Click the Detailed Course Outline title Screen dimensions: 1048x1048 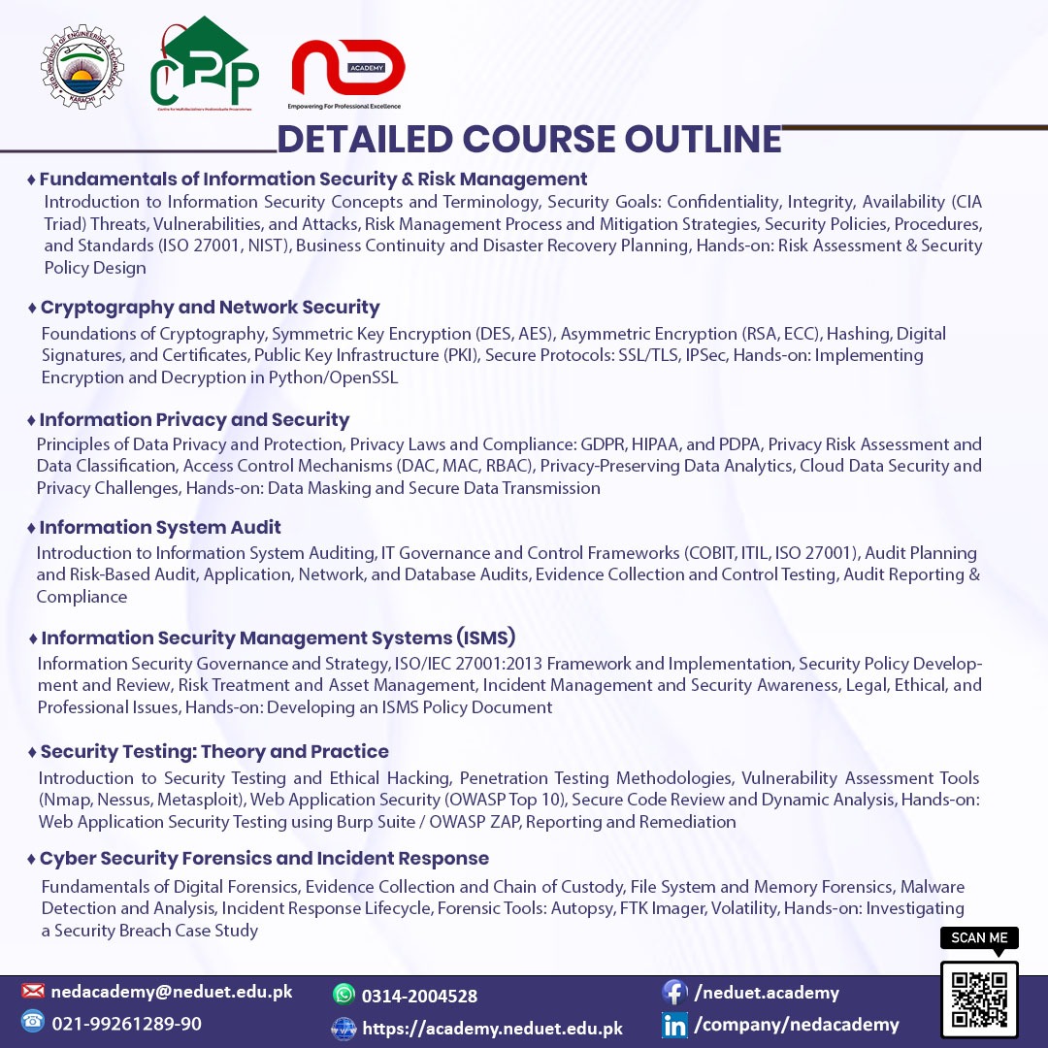(x=529, y=140)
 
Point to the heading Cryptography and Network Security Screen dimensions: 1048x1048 (x=210, y=308)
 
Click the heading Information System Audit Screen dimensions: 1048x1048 (x=160, y=528)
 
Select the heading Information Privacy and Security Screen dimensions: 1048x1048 (x=194, y=420)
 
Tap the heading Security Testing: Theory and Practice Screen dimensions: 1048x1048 (x=214, y=752)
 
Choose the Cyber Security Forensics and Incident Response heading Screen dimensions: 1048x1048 (x=264, y=859)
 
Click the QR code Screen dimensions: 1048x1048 (x=979, y=999)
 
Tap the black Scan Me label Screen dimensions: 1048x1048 (x=979, y=937)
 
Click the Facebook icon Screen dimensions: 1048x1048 (x=674, y=992)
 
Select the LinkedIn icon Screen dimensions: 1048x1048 (x=674, y=1025)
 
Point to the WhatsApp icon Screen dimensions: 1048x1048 (x=344, y=995)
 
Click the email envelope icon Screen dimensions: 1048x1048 (x=33, y=992)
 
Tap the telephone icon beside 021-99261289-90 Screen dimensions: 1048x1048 (x=33, y=1022)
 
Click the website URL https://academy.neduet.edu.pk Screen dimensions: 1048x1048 (x=492, y=1029)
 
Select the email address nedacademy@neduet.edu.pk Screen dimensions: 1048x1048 (x=172, y=992)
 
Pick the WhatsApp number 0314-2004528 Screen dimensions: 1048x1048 (x=419, y=996)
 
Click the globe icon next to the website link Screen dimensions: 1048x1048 (x=344, y=1029)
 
